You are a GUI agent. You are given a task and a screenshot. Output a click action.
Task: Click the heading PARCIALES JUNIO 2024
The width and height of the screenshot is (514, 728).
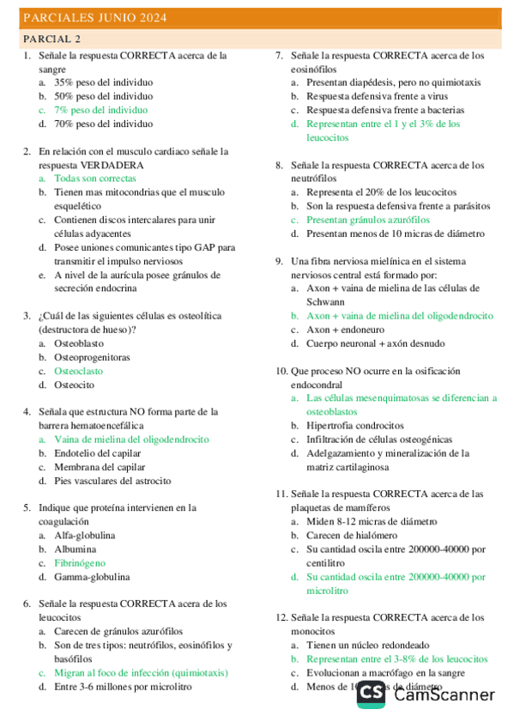click(95, 18)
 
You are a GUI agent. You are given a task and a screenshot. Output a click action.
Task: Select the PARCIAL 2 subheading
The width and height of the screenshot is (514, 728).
click(52, 39)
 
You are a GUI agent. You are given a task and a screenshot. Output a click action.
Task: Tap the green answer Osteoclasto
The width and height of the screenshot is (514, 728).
click(78, 371)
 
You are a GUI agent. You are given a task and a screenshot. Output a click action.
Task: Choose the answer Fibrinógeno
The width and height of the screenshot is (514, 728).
click(80, 563)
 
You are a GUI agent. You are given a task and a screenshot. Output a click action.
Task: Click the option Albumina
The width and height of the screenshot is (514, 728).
click(76, 549)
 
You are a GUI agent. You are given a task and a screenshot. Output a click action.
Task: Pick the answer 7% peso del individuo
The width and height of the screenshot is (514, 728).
click(100, 110)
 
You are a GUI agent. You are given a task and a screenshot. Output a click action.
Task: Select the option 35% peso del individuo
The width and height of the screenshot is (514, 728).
click(103, 82)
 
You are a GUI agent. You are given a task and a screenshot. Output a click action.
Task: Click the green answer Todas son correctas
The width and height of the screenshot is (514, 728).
click(94, 179)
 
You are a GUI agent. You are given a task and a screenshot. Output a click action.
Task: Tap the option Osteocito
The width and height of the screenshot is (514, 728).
click(74, 385)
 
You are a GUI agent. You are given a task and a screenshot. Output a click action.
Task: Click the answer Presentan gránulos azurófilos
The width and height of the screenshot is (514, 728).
click(368, 220)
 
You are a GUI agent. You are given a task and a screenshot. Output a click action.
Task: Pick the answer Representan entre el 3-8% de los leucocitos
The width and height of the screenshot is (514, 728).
click(396, 659)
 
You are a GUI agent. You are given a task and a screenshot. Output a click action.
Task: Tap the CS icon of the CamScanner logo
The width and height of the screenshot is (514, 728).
click(372, 694)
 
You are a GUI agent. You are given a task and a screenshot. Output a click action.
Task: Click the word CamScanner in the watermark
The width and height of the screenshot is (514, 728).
click(444, 695)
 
